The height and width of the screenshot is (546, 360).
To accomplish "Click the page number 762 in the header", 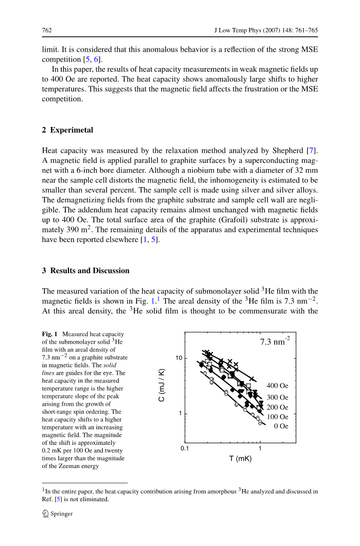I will [x=46, y=31].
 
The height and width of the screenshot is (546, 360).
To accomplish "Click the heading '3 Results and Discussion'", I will [x=85, y=270].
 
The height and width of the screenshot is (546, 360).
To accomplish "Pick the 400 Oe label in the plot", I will [x=277, y=386].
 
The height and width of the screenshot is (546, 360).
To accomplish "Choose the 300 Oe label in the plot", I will [x=277, y=397].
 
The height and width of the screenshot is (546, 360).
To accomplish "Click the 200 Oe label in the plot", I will [x=277, y=407].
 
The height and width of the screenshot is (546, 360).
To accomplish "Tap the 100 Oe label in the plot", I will [x=277, y=417].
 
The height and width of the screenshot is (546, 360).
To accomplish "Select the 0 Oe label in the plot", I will [x=281, y=426].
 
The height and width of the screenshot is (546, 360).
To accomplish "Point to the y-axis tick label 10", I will [x=179, y=358].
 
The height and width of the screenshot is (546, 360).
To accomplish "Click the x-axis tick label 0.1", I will [x=185, y=449].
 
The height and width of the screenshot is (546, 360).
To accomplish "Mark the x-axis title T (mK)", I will [x=240, y=459].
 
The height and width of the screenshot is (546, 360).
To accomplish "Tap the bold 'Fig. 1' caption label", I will [x=51, y=334].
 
